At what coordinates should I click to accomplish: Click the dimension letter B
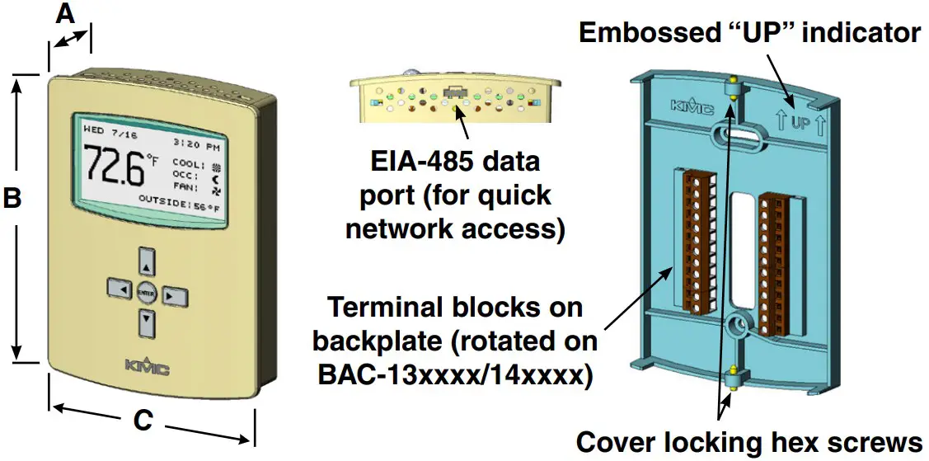point(12,198)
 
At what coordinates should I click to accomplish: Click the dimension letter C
point(143,421)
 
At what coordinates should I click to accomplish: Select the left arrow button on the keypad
point(119,291)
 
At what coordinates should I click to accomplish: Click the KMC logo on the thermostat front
point(146,367)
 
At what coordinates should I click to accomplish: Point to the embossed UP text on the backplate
point(800,125)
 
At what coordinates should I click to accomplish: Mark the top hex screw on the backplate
point(731,89)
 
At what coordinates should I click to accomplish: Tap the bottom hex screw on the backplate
point(731,379)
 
